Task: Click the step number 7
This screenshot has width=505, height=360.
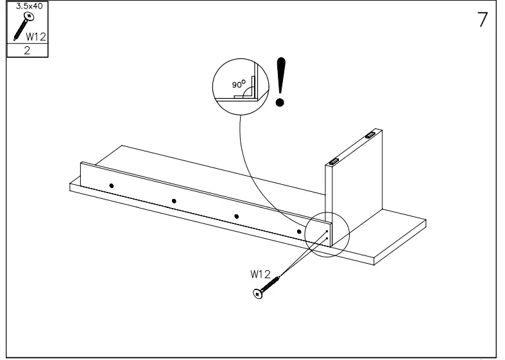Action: click(x=482, y=19)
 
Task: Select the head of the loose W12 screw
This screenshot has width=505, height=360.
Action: click(x=258, y=294)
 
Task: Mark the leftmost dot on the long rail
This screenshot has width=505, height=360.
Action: click(x=112, y=185)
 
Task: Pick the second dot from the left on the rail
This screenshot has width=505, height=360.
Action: click(x=174, y=201)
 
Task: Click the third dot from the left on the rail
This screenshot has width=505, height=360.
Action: click(x=236, y=216)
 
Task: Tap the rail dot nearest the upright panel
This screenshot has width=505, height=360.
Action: click(x=299, y=231)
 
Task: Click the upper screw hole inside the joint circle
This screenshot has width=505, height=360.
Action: click(x=327, y=231)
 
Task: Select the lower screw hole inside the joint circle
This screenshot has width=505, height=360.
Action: click(x=327, y=239)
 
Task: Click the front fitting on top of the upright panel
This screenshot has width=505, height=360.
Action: click(x=334, y=160)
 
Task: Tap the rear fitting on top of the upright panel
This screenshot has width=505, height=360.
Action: click(x=371, y=135)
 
